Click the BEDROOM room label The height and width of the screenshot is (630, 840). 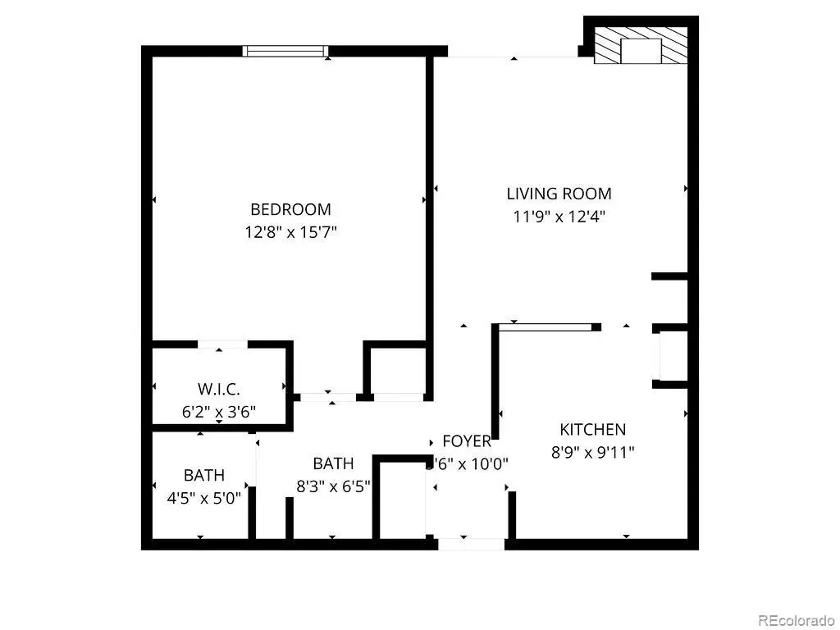point(290,209)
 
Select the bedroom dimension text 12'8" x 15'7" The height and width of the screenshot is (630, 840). point(290,232)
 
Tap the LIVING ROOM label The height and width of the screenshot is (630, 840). point(559,194)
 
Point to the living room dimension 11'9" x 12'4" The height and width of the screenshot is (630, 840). point(559,217)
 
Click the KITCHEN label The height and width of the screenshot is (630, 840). point(592,429)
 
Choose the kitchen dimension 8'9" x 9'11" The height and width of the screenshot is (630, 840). point(592,451)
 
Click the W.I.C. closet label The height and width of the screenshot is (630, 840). point(219,389)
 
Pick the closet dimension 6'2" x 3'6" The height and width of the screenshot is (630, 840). point(219,411)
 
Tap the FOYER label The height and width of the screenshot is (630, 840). point(467,441)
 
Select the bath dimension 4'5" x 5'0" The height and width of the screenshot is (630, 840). point(203,497)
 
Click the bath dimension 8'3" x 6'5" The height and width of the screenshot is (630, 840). point(333,486)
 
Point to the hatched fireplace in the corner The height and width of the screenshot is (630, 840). point(641,45)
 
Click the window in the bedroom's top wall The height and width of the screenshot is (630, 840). point(285,51)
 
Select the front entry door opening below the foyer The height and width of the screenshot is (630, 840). point(471,543)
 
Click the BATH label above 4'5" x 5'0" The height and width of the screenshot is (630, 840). point(203,475)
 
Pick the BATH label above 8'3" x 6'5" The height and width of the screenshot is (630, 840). point(333,463)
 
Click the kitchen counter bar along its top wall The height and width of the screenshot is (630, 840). point(546,327)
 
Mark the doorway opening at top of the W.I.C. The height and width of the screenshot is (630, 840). point(221,345)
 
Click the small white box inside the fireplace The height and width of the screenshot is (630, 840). point(641,50)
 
